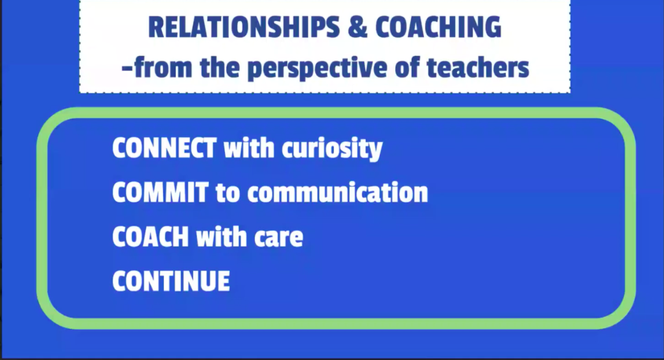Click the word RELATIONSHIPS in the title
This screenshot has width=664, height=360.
(x=244, y=27)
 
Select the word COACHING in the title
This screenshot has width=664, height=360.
(x=438, y=27)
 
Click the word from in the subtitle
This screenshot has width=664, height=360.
(x=163, y=67)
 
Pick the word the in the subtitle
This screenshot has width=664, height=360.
(x=220, y=67)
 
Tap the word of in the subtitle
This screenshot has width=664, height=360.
(x=407, y=67)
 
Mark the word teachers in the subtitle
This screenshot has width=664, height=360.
(x=478, y=67)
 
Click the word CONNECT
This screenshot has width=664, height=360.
(x=164, y=148)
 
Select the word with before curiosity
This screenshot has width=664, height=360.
(x=249, y=148)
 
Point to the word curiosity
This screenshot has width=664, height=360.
(x=332, y=149)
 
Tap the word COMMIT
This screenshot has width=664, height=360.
(x=161, y=192)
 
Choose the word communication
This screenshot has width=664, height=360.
(x=337, y=192)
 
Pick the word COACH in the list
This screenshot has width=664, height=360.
(x=150, y=237)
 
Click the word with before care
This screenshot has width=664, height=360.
(x=222, y=237)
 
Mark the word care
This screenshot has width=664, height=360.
(x=279, y=238)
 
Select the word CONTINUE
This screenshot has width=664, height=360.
(x=171, y=281)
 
